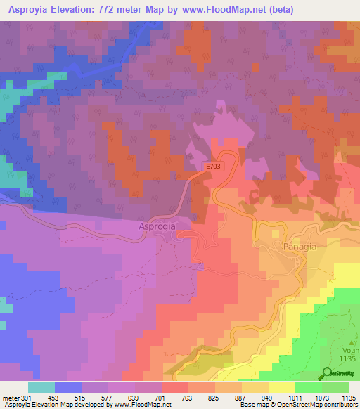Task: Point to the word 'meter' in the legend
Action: (x=10, y=398)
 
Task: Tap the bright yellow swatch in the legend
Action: (x=281, y=387)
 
